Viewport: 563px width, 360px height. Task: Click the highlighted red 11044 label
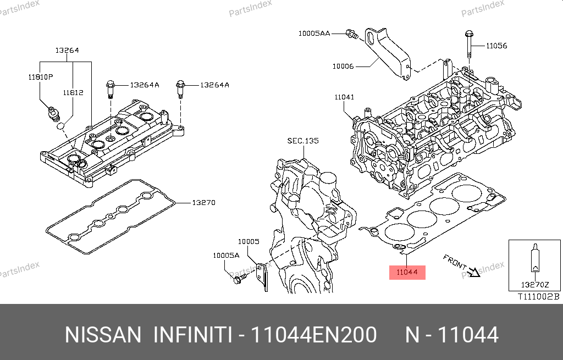coord(407,272)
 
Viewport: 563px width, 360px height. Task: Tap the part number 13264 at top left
coord(67,50)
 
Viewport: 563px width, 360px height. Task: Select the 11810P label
coord(40,76)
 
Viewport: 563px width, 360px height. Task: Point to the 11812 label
coord(73,93)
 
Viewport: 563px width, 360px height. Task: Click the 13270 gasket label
coord(203,203)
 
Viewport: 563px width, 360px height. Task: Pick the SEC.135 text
coord(303,141)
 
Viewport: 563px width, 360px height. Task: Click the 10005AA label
coord(314,34)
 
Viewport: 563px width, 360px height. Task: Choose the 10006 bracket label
coord(343,67)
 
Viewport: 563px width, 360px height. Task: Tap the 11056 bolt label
coord(496,46)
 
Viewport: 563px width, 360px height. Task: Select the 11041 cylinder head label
coord(344,97)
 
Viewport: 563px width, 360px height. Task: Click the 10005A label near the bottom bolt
coord(227,256)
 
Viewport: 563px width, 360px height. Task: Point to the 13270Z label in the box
coord(534,285)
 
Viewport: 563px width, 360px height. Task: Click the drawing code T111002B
coord(538,297)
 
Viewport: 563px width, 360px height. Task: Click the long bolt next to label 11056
coord(468,43)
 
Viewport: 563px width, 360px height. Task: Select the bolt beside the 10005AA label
coord(351,34)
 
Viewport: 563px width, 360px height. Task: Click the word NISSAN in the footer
coord(103,335)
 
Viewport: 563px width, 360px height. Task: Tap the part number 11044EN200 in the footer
coord(313,335)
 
